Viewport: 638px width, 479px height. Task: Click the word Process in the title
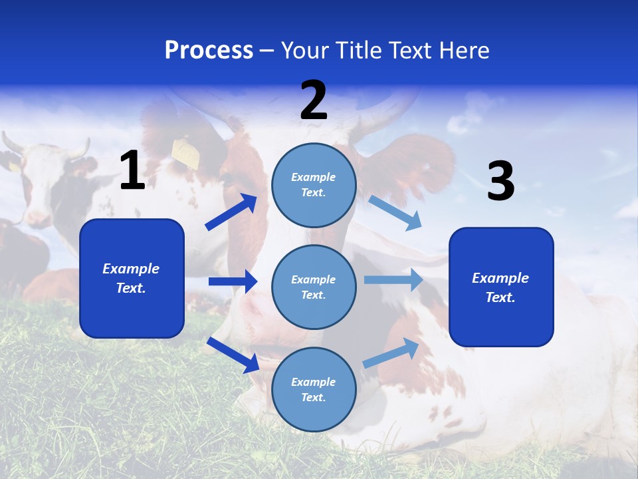[x=209, y=51]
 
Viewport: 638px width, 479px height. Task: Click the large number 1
[x=132, y=171]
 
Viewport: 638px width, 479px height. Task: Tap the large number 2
[x=314, y=100]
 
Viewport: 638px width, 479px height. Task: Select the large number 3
[x=500, y=182]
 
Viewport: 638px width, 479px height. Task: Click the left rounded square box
[x=132, y=278]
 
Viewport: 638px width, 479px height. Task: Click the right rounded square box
[x=501, y=287]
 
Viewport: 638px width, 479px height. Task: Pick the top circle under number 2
[x=314, y=184]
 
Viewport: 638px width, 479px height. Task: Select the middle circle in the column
[x=314, y=287]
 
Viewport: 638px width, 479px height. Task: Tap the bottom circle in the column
[x=314, y=389]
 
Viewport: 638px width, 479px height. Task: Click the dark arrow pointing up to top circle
[x=231, y=212]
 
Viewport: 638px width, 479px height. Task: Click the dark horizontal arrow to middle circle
[x=233, y=281]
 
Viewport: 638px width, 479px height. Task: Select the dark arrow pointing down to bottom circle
[x=233, y=355]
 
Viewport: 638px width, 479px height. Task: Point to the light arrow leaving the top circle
[x=395, y=213]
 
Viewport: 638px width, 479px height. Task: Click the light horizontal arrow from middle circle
[x=393, y=280]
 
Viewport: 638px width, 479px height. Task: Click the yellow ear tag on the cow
[x=186, y=154]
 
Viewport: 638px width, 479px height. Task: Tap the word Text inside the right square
[x=500, y=297]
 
